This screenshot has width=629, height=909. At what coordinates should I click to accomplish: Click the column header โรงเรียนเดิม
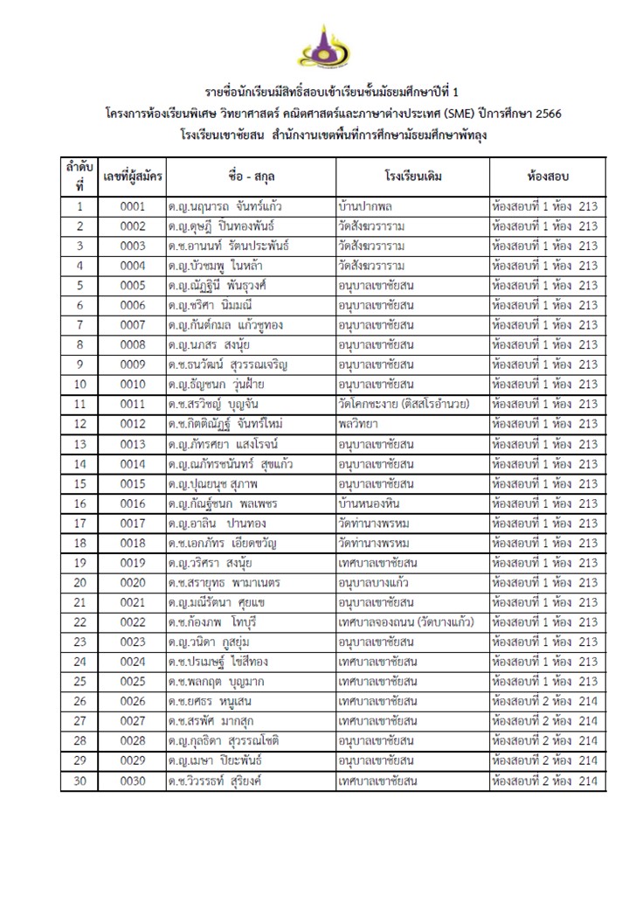(x=412, y=177)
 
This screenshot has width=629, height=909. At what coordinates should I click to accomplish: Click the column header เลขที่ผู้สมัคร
(x=133, y=177)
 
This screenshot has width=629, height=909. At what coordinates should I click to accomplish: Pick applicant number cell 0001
(x=133, y=207)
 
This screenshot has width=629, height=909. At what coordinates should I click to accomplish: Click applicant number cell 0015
(x=133, y=483)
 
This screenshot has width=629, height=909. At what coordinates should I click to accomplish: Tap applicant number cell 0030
(x=133, y=781)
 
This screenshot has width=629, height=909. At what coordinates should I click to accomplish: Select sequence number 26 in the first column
(x=80, y=701)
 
